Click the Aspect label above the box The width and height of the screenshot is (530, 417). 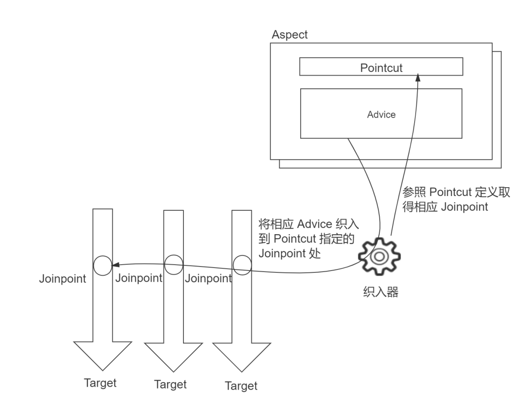pos(290,35)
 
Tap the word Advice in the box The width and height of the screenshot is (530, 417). pos(381,114)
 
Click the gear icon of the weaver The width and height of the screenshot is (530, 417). pos(379,256)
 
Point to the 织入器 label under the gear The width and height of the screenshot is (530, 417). pos(381,292)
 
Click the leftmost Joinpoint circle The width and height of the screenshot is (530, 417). pos(103,266)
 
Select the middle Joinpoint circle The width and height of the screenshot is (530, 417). pos(174,265)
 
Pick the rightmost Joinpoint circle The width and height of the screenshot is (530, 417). pos(242,265)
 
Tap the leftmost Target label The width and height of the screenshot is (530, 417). pos(100,383)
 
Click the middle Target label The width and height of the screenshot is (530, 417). pos(170,384)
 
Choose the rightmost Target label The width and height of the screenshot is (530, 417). pos(241,386)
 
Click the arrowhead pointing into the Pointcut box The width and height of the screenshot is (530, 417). pos(418,77)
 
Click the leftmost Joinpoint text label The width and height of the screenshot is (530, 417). pos(62,279)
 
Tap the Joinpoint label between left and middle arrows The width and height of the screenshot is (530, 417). pos(139,278)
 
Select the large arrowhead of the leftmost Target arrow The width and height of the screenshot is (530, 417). pos(103,356)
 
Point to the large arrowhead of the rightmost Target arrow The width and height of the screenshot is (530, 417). pos(241,357)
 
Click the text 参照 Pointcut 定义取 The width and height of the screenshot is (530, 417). pos(456,192)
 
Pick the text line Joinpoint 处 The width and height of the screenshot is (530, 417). pos(290,253)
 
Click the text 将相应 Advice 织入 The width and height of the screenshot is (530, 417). pos(309,224)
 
